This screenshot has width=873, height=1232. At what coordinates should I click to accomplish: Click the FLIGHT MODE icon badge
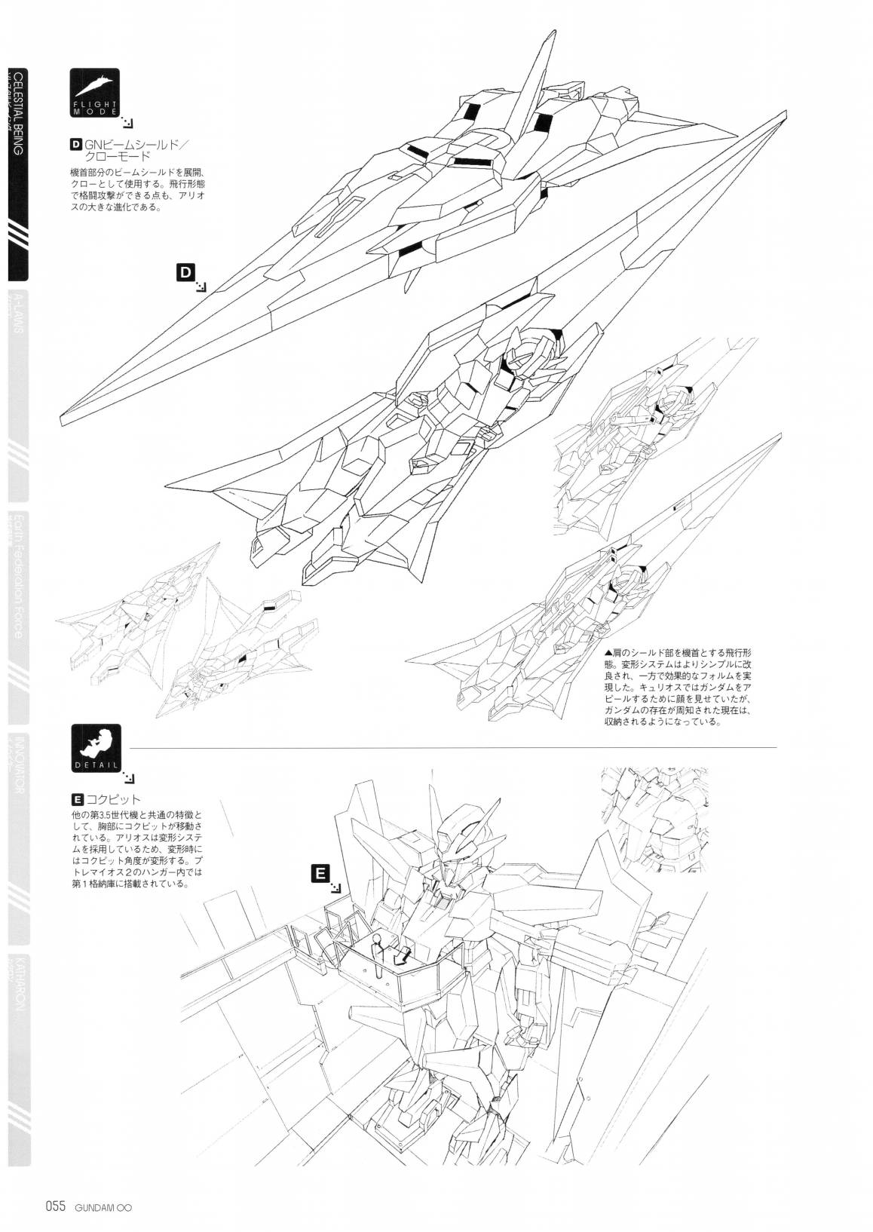click(x=94, y=91)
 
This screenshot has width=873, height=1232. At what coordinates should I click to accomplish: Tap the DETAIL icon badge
click(x=94, y=746)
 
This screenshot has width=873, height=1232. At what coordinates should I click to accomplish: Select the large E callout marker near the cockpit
click(x=320, y=873)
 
